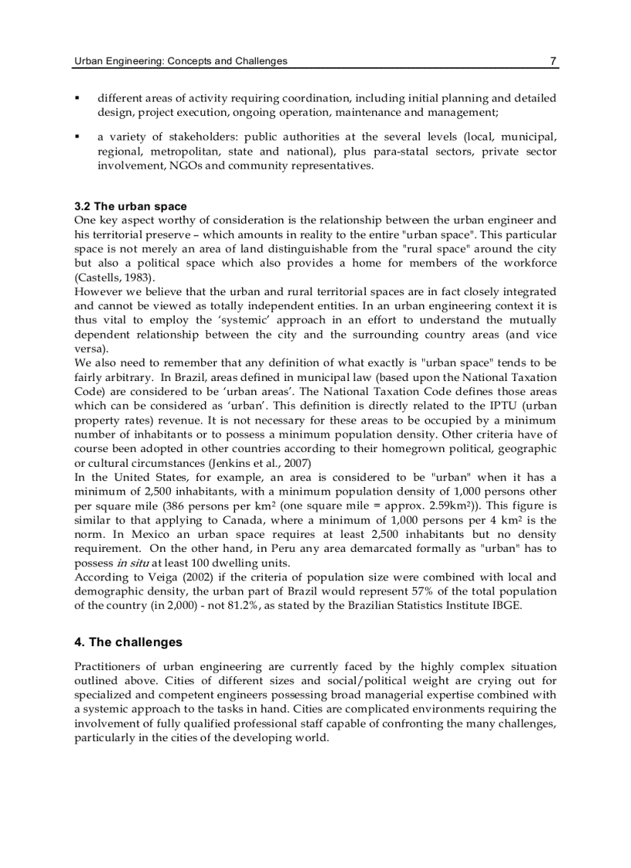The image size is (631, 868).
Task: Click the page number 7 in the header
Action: [553, 61]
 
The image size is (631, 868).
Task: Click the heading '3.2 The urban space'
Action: [130, 206]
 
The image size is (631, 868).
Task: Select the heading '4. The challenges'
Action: [128, 642]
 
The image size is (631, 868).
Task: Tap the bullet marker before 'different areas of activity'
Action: [77, 99]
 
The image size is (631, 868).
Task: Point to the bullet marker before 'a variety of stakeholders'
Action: [77, 138]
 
